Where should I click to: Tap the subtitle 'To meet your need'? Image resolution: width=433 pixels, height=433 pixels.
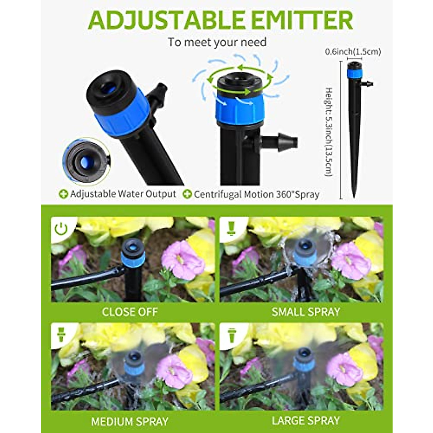(217, 42)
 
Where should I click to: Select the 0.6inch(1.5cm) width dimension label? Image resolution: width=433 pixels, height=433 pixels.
(353, 52)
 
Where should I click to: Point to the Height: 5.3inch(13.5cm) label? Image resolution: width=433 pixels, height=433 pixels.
(328, 131)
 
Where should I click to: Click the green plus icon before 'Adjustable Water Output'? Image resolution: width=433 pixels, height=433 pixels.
(64, 194)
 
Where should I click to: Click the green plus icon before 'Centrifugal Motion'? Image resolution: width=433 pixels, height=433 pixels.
(187, 194)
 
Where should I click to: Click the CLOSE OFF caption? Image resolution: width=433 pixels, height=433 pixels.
(130, 312)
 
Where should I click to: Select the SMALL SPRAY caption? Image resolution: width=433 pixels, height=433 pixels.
(306, 312)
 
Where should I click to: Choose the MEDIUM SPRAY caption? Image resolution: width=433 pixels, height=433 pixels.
(130, 421)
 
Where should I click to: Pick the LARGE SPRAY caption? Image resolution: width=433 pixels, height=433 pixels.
(306, 421)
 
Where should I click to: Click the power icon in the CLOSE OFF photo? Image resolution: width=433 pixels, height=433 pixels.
(61, 228)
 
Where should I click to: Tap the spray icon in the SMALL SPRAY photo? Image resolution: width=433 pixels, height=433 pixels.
(231, 228)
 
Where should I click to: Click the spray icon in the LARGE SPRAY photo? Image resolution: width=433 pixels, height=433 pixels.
(231, 335)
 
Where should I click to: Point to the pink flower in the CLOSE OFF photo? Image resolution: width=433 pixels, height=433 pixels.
(182, 260)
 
